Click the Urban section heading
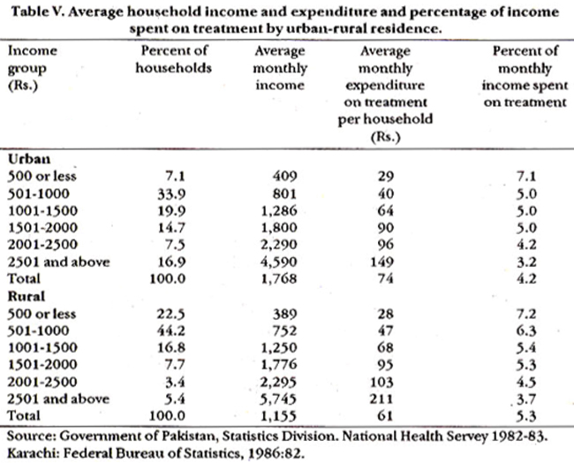[x=29, y=159]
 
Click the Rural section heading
[x=26, y=296]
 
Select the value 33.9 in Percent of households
[x=171, y=194]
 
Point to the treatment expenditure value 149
[x=381, y=262]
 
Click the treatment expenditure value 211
[x=381, y=398]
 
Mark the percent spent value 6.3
[x=526, y=331]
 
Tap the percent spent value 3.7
[x=526, y=398]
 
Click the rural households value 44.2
[x=171, y=331]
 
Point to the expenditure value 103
[x=381, y=382]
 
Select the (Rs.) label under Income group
[x=23, y=86]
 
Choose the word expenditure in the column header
[x=385, y=86]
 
